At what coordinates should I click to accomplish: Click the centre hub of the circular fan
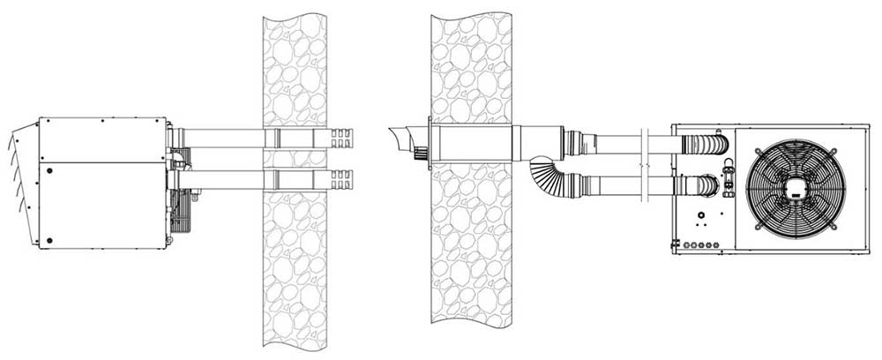[795, 188]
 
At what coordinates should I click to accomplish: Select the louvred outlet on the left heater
[25, 181]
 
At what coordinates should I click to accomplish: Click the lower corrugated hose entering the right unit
[706, 185]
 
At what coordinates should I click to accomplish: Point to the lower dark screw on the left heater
[49, 240]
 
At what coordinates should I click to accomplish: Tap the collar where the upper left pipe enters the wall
[276, 139]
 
